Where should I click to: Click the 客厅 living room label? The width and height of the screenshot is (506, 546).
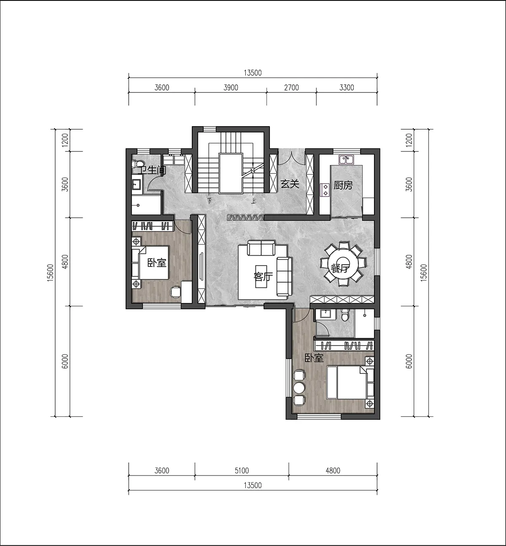263,276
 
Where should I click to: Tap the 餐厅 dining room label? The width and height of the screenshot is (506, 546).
340,268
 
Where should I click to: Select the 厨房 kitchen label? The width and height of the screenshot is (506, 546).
343,185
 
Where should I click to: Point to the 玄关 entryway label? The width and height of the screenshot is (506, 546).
290,184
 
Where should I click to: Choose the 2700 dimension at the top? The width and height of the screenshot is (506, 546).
291,88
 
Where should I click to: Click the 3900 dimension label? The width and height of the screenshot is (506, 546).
231,88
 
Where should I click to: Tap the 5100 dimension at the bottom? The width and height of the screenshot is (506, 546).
242,470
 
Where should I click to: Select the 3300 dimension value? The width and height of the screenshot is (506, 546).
347,88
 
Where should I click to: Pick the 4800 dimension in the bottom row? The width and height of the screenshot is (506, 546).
333,470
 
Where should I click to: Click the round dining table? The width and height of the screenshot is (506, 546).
343,264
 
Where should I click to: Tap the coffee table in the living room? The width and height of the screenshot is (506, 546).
261,276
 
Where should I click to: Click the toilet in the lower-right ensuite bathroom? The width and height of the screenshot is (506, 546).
345,315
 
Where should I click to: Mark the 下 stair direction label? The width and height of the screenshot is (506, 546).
210,201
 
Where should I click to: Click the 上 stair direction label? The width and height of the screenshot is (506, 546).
253,201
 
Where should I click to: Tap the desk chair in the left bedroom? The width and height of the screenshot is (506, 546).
176,292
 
